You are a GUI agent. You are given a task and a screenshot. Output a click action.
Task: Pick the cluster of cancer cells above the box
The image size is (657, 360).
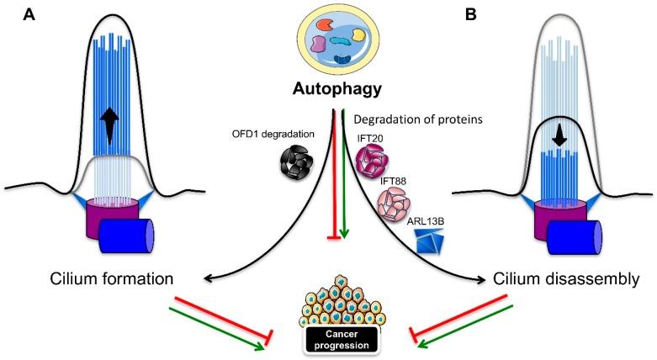point(336,309)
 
